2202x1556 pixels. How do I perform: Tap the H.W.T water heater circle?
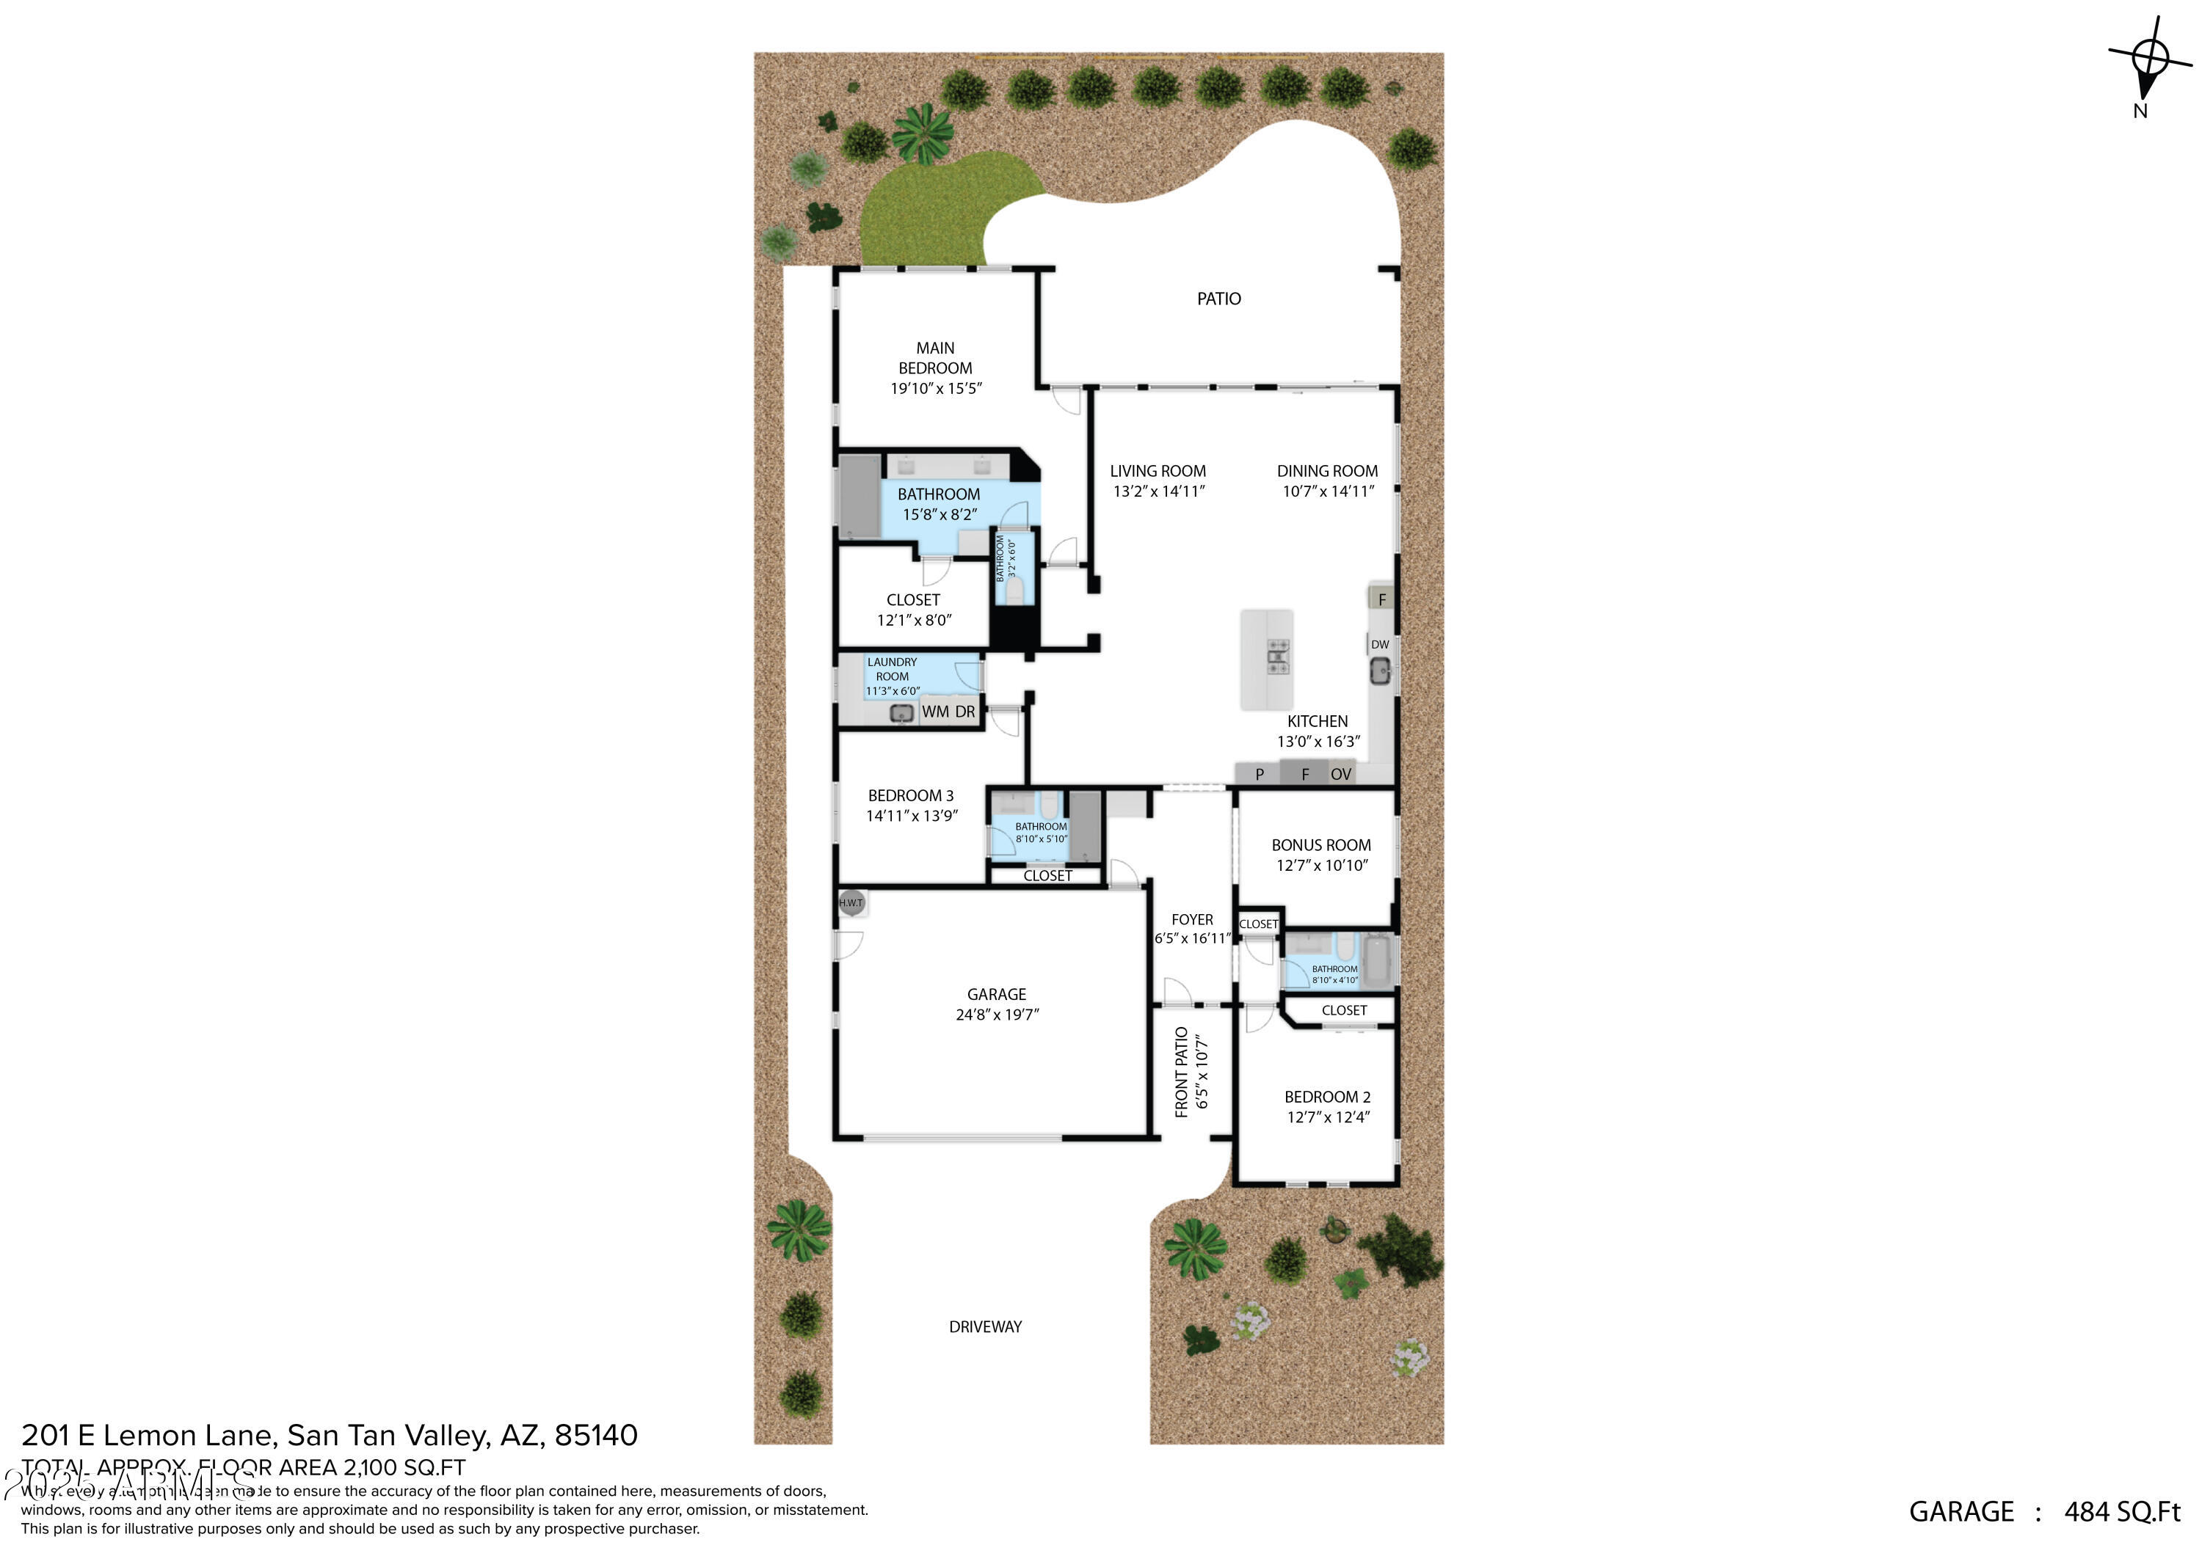pos(851,902)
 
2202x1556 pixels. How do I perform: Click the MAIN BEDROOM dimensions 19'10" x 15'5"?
pos(935,388)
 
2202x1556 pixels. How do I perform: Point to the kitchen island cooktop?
pos(1277,657)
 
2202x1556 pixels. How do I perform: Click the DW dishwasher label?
pos(1379,644)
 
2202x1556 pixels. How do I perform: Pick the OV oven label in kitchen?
pos(1341,774)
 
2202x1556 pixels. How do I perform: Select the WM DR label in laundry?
pos(948,712)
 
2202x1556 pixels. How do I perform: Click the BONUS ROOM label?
pos(1320,844)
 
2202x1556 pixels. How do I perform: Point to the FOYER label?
pos(1191,919)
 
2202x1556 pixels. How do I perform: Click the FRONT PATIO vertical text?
pos(1182,1072)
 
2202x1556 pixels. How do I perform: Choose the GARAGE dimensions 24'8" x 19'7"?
pos(997,1015)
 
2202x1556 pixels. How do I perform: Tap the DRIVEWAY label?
pos(985,1327)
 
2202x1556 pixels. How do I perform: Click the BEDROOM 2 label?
pos(1327,1097)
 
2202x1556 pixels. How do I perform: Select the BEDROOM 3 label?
pos(910,796)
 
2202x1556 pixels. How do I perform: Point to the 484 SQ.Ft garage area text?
pos(2121,1512)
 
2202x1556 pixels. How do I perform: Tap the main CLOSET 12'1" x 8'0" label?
pos(913,600)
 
